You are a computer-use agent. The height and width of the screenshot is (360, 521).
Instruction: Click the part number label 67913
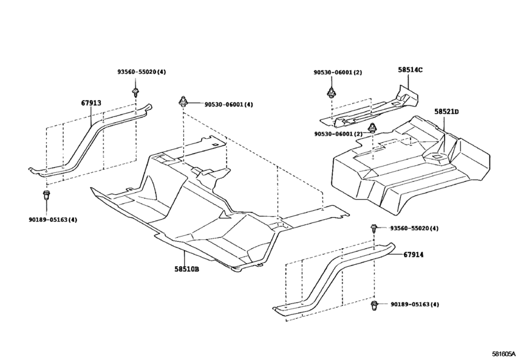[91, 103]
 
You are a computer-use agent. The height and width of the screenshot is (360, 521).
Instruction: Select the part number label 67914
[414, 255]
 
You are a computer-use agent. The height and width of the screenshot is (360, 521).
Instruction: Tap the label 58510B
[186, 269]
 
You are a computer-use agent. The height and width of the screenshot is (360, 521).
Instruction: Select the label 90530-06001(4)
[229, 105]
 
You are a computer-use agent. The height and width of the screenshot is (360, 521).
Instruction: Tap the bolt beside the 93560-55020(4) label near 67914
[373, 228]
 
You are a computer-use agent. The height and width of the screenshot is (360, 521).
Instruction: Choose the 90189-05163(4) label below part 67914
[414, 304]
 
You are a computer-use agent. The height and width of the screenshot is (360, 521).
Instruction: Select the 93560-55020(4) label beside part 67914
[414, 228]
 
